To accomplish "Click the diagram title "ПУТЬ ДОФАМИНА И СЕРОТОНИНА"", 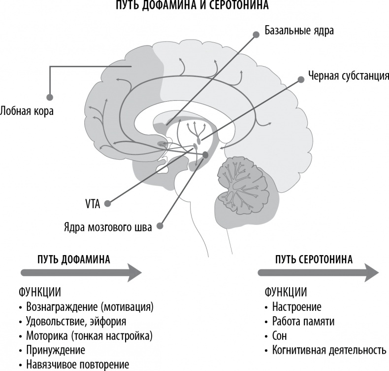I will [194, 5].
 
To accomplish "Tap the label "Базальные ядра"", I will [299, 31].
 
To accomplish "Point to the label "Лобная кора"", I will [27, 111].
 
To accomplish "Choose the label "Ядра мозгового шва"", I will [107, 227].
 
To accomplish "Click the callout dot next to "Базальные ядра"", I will [256, 35].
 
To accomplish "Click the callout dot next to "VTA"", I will [107, 202].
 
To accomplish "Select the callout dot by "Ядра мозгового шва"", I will [160, 227].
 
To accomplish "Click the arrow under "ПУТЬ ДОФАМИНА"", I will [81, 271].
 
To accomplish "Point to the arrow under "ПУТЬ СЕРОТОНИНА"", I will [318, 271].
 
